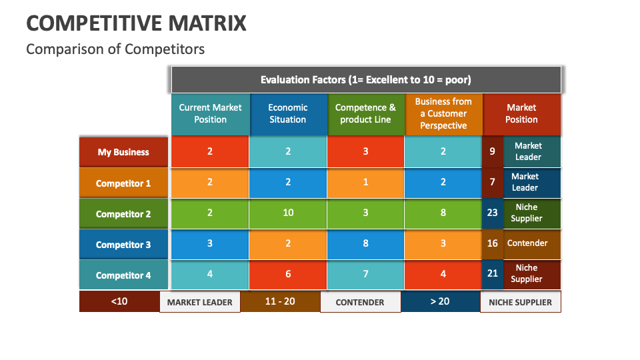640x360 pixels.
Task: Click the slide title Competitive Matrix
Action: pos(136,23)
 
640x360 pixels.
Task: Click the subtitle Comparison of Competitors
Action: pos(115,49)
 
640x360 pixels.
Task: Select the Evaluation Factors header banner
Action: pos(365,79)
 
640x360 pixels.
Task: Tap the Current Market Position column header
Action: pos(210,114)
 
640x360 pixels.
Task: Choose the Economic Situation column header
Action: pos(288,114)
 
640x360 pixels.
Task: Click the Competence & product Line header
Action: pos(365,114)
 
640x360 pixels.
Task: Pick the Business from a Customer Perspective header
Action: pos(443,114)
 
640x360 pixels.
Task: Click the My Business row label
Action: pos(123,152)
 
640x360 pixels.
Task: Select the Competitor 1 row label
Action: pos(123,183)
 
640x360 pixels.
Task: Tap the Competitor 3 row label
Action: pos(123,245)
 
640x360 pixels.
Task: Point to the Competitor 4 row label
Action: pos(123,275)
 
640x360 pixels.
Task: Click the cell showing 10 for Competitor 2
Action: pos(288,213)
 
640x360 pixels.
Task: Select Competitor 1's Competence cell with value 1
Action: pos(365,183)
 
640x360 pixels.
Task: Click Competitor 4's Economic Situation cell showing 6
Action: pos(288,274)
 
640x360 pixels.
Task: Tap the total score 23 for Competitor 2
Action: pos(492,213)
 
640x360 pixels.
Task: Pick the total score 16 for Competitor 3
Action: pos(492,243)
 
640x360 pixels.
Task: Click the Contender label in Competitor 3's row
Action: pos(527,243)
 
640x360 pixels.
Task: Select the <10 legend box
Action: pos(119,301)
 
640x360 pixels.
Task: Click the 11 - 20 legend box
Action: pos(280,301)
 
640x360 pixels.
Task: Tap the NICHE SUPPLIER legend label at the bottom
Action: pos(520,302)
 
